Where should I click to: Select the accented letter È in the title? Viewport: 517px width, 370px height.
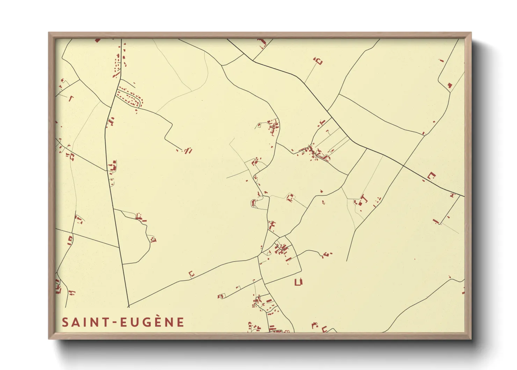click(x=167, y=322)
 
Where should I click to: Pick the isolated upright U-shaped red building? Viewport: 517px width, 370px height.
click(x=298, y=282)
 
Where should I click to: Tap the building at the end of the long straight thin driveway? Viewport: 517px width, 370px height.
click(x=318, y=62)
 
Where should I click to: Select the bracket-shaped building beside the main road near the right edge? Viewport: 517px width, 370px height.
click(x=432, y=176)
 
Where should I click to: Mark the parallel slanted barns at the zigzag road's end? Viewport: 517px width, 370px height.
click(x=188, y=151)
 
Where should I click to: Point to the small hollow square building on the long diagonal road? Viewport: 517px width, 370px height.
click(x=191, y=273)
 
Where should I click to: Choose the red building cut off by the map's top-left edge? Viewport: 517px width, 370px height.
click(x=97, y=40)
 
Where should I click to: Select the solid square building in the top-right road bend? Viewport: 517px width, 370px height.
click(x=450, y=85)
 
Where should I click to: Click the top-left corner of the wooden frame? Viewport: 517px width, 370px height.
click(x=49, y=33)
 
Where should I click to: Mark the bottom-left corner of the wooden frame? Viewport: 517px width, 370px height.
click(x=49, y=339)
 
